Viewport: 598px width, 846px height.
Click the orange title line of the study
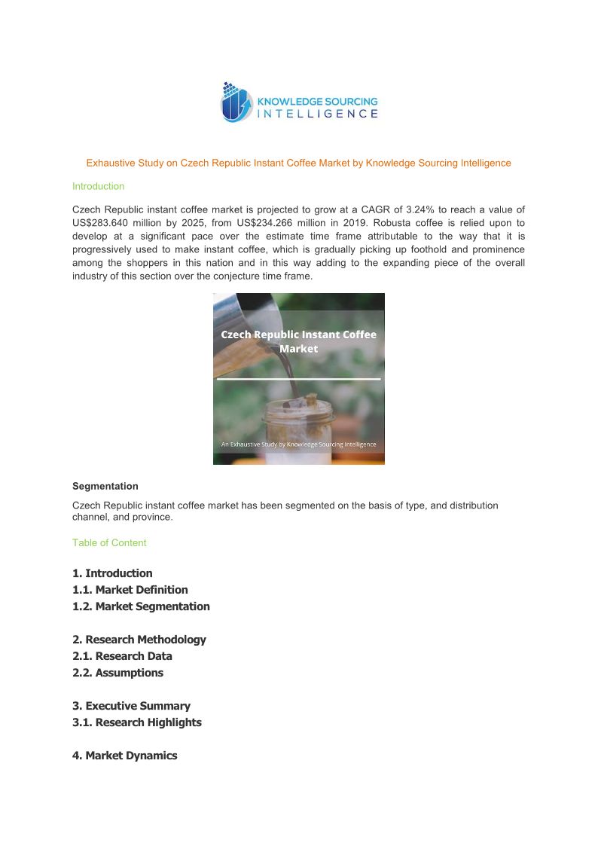tap(298, 163)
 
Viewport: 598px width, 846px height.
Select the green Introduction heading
tap(98, 186)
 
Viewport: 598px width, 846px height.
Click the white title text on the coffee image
tap(298, 341)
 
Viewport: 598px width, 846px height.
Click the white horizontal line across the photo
tap(298, 379)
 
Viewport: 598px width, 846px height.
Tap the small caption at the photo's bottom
tap(298, 444)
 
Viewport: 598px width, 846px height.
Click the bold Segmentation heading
tap(105, 486)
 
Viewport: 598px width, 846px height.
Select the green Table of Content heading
tap(109, 542)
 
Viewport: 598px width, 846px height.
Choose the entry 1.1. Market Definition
tap(130, 590)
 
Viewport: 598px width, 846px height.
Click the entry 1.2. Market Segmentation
tap(141, 606)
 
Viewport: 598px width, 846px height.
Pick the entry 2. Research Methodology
tap(139, 640)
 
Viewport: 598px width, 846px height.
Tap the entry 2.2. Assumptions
tap(117, 673)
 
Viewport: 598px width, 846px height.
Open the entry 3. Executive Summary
tap(131, 706)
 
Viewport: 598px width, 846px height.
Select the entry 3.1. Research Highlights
tap(136, 722)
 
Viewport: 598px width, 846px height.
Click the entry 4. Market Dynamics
tap(124, 756)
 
